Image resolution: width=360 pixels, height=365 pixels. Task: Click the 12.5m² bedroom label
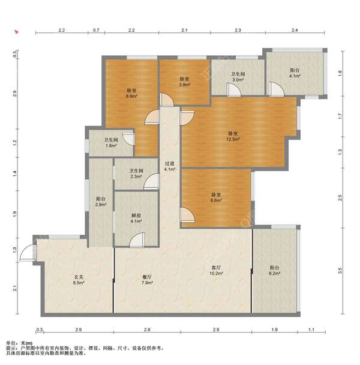[233, 136]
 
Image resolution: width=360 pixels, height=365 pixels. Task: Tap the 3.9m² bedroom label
[185, 82]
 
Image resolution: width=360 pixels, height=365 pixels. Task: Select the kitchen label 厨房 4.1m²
[136, 219]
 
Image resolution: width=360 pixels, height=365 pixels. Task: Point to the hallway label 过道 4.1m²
[170, 166]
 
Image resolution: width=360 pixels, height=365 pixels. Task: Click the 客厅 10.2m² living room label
[216, 270]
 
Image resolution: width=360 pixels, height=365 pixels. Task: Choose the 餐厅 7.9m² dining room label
[147, 280]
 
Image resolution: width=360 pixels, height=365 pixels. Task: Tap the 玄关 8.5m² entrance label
[79, 280]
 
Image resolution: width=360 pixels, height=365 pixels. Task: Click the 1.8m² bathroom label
[111, 143]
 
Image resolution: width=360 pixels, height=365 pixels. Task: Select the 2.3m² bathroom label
[136, 173]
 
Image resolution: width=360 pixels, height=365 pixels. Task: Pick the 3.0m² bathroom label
[238, 77]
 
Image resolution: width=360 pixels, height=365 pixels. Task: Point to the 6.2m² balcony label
[274, 270]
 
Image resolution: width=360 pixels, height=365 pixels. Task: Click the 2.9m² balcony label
[101, 202]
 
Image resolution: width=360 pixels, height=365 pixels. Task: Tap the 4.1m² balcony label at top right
[295, 73]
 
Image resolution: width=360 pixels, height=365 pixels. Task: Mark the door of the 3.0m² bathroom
[234, 89]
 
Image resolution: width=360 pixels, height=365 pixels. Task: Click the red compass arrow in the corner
[16, 32]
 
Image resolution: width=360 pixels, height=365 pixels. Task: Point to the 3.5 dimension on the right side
[340, 271]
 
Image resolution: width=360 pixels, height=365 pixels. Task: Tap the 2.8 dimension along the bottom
[147, 330]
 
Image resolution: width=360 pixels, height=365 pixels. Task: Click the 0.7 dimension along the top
[96, 30]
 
